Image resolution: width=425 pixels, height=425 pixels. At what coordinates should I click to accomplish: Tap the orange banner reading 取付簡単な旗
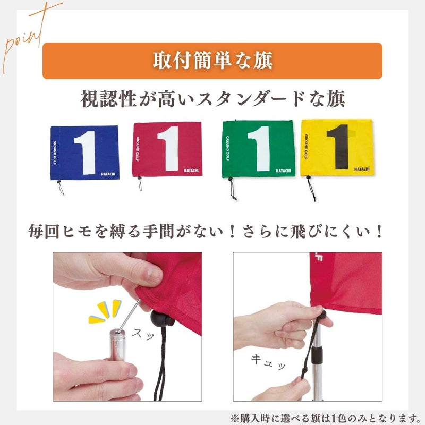212,61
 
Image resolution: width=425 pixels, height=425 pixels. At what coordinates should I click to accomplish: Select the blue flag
82,151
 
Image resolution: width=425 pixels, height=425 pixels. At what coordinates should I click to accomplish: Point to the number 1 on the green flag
259,148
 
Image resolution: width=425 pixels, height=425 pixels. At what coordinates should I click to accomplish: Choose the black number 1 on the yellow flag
338,148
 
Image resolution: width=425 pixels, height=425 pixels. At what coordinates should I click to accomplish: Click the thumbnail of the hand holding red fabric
127,326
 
